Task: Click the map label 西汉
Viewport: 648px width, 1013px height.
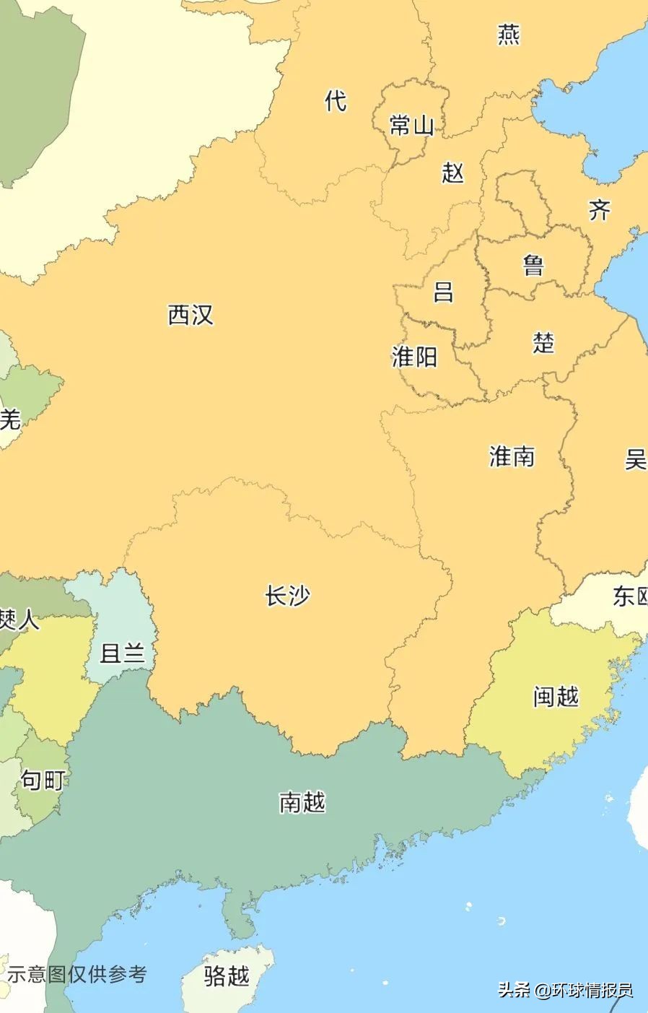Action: tap(191, 315)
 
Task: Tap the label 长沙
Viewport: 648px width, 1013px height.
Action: tap(287, 596)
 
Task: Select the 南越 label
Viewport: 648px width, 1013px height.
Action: tap(302, 802)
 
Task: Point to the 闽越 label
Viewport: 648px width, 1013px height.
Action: tap(556, 697)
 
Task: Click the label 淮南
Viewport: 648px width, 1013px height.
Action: tap(512, 456)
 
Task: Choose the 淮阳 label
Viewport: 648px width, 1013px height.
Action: tap(414, 356)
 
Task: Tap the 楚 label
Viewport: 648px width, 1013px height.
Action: tap(543, 342)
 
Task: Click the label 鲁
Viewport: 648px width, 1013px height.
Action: tap(533, 265)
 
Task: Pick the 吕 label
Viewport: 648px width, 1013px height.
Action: tap(443, 292)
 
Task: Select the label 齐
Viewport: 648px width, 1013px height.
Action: tap(599, 210)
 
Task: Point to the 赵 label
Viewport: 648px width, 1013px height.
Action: tap(452, 173)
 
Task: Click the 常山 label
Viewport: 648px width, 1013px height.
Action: tap(411, 126)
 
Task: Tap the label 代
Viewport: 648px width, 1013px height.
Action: tap(336, 100)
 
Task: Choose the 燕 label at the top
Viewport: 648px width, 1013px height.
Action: tap(509, 34)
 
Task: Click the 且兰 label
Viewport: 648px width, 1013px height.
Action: tap(122, 653)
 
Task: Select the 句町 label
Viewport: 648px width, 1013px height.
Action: tap(43, 780)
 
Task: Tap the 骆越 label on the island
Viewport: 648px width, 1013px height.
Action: tap(227, 976)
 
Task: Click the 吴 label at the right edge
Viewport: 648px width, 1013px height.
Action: tap(636, 458)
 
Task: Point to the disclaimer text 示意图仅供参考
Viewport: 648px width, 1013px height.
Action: tap(76, 974)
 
